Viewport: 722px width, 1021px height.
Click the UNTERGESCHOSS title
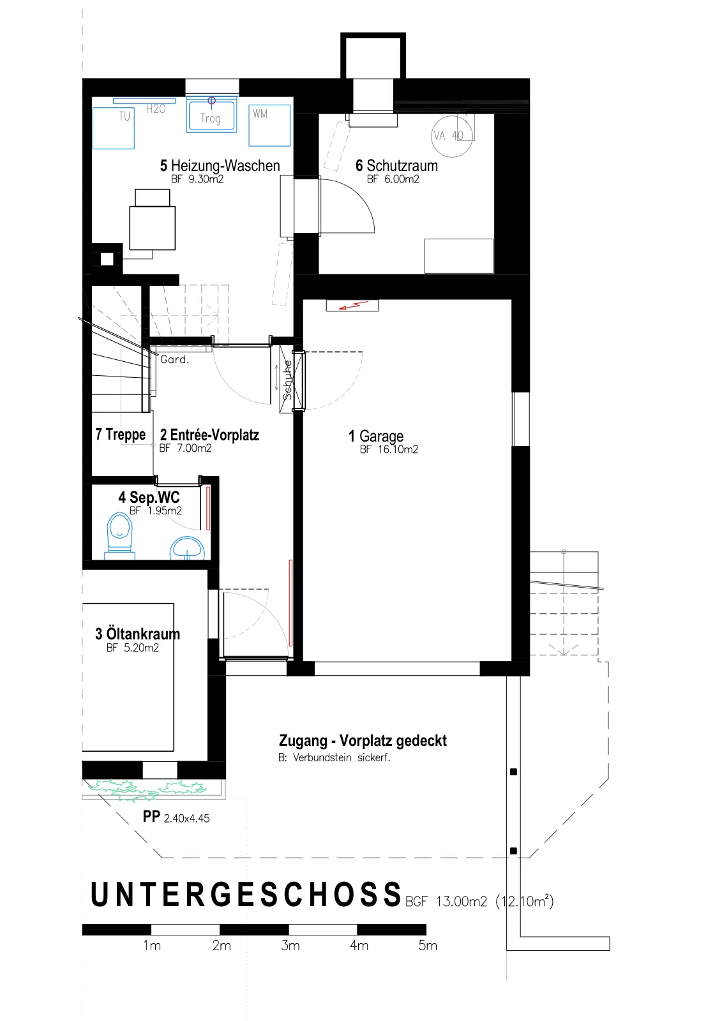coord(246,894)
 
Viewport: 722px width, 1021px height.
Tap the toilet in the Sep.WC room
coord(119,536)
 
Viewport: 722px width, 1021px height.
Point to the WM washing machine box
coord(269,125)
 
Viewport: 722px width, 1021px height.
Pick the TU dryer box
coord(114,128)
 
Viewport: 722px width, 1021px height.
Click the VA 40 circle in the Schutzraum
coord(452,136)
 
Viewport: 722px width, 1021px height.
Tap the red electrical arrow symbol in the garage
coord(353,306)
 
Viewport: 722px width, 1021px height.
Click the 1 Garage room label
coord(376,436)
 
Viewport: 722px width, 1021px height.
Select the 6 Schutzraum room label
coord(396,165)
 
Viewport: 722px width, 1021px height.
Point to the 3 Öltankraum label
coord(137,634)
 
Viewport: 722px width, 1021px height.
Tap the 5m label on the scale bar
coord(428,945)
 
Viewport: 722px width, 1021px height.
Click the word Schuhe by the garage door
coord(287,380)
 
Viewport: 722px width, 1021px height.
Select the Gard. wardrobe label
coord(175,359)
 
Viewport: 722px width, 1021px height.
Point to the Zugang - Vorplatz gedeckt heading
coord(363,740)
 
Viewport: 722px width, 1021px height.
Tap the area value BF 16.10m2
coord(389,449)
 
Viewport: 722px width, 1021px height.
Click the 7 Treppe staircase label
coord(121,435)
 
